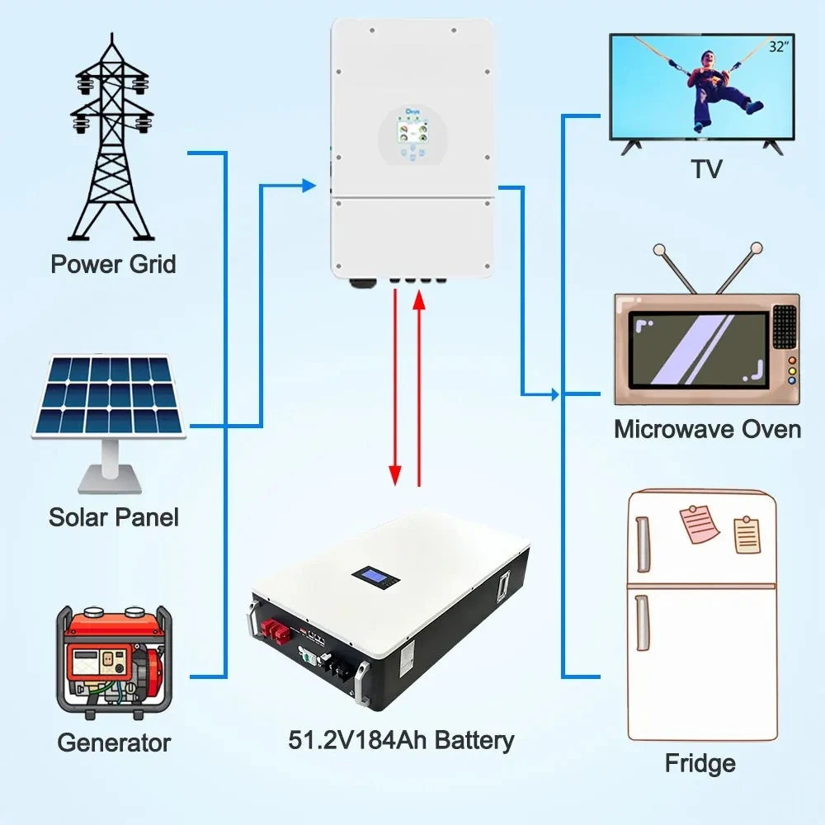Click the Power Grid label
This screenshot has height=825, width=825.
[113, 264]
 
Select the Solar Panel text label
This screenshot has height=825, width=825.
[114, 516]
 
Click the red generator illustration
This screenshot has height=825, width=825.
[114, 662]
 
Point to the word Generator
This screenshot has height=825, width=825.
[114, 743]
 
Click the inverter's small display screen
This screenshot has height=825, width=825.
[412, 131]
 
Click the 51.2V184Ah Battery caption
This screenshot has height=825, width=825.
[402, 740]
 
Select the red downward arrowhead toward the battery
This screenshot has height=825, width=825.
[395, 476]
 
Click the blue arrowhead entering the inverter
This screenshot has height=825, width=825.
[309, 186]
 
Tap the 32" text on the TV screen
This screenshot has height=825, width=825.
[779, 47]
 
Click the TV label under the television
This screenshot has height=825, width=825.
[707, 169]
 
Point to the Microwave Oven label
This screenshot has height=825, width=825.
[707, 429]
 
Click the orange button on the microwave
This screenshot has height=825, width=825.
[791, 361]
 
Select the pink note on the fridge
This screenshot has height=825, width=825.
[700, 524]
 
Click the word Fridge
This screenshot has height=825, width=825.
[700, 763]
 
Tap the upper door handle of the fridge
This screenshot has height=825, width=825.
[643, 544]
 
